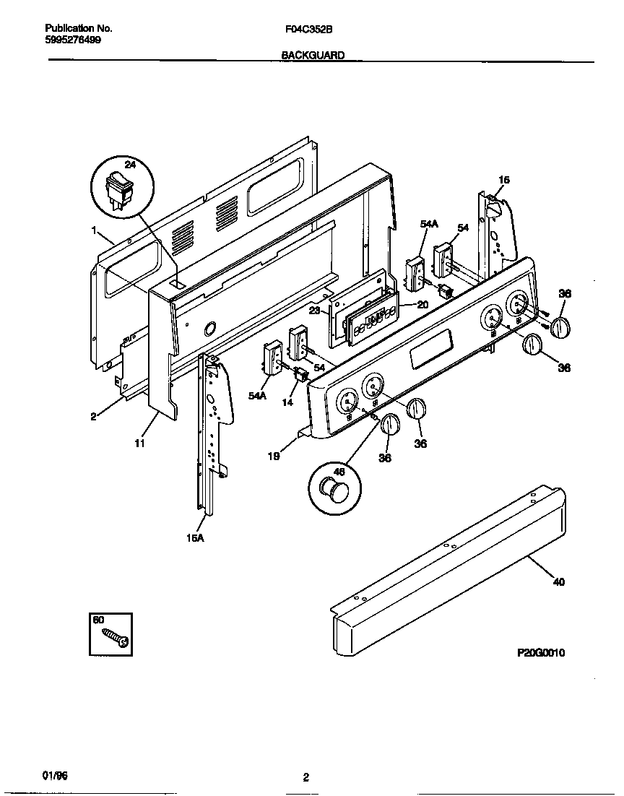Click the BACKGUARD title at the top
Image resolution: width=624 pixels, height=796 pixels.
[x=313, y=54]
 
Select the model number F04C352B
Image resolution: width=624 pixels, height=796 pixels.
[x=308, y=30]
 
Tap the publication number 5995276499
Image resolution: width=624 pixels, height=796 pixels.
[x=73, y=40]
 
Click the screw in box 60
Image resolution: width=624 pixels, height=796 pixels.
[x=115, y=636]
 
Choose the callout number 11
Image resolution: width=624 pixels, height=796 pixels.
[x=139, y=444]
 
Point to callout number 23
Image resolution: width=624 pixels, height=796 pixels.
[x=315, y=311]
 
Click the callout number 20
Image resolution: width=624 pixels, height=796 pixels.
[x=422, y=305]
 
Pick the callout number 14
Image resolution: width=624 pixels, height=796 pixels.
[x=288, y=402]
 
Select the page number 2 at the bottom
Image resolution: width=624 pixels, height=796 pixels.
[x=306, y=778]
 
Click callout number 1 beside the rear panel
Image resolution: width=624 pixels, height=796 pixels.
[x=94, y=230]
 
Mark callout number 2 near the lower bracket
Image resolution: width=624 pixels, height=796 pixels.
[x=94, y=416]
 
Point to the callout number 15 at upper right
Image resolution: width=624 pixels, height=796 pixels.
[x=504, y=180]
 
